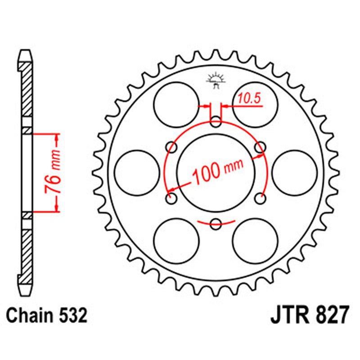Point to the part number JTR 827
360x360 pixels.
309,315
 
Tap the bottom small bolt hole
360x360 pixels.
216,223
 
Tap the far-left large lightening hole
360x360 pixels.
137,172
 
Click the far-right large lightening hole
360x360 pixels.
294,172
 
